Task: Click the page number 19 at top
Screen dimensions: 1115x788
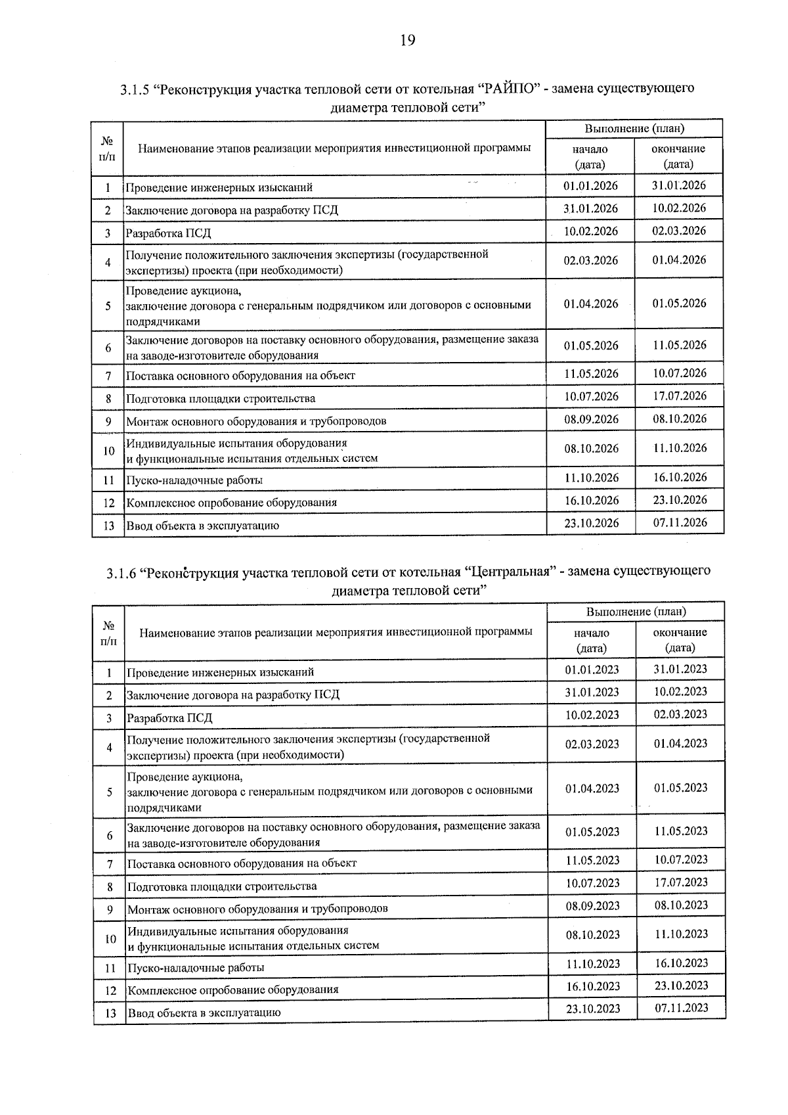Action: [407, 41]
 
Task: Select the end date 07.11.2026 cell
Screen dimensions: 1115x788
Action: [679, 523]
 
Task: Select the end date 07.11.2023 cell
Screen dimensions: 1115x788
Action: [681, 1008]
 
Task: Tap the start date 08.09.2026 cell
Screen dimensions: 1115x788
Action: [591, 419]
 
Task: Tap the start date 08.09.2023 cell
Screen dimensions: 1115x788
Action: [592, 906]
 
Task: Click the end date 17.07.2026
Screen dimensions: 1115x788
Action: [679, 396]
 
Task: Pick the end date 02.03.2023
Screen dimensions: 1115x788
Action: [680, 714]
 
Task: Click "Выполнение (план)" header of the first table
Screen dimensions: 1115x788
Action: [634, 129]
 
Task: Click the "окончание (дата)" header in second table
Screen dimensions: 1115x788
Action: [680, 640]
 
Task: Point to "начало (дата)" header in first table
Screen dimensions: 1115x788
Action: [590, 157]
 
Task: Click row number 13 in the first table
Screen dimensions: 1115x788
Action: [108, 526]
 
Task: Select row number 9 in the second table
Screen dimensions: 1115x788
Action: [110, 909]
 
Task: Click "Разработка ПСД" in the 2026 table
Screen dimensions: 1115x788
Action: [168, 233]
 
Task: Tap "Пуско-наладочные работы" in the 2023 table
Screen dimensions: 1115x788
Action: [196, 968]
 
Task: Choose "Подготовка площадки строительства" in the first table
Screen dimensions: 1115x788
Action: [220, 399]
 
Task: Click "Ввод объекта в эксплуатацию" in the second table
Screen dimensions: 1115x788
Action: [204, 1013]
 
